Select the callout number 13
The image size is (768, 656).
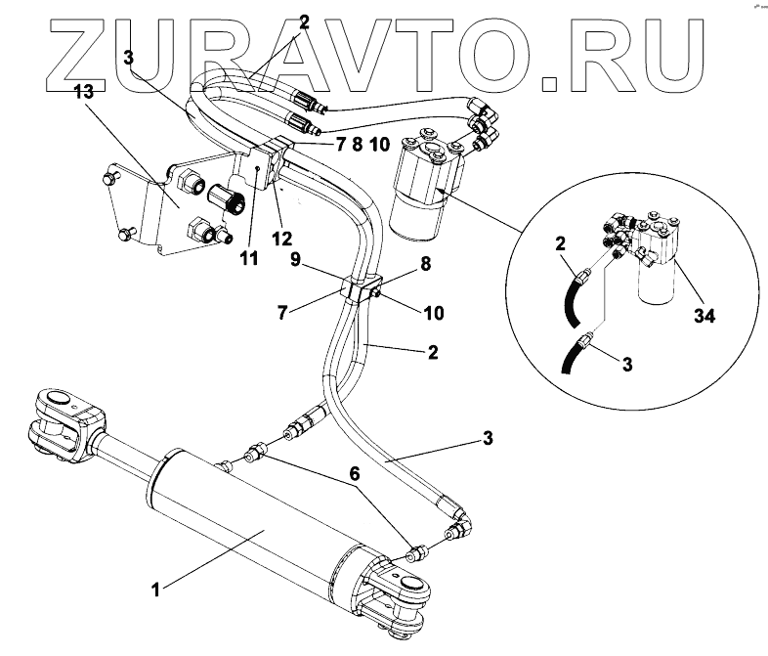86,92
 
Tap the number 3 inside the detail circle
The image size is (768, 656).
628,365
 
